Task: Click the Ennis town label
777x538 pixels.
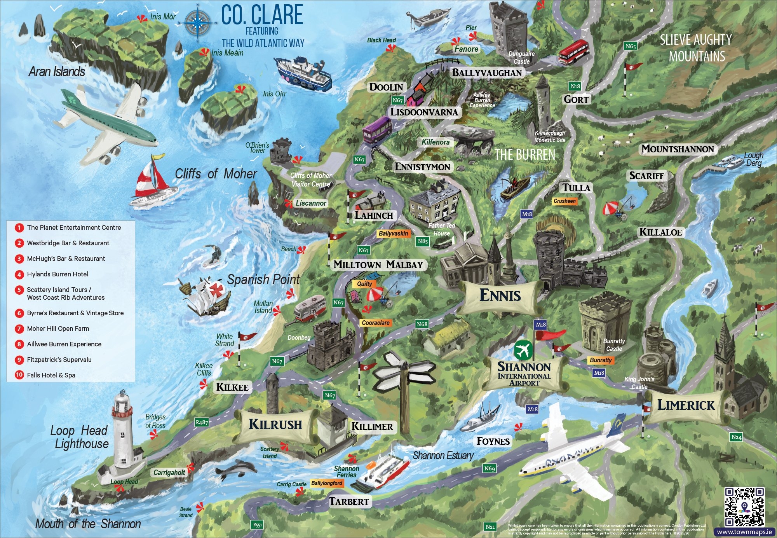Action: point(500,295)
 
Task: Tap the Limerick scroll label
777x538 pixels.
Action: point(686,405)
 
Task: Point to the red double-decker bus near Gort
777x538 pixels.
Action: point(573,51)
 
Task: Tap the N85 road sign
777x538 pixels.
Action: point(423,241)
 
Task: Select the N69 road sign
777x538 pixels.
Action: point(490,468)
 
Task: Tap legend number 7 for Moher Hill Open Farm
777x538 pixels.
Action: point(19,328)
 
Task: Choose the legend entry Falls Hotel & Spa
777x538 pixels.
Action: point(51,375)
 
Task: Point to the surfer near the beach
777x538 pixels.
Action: point(213,254)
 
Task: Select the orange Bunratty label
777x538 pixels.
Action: point(601,360)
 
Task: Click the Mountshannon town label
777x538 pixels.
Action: point(678,149)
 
